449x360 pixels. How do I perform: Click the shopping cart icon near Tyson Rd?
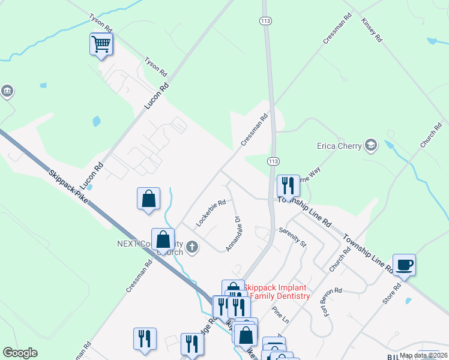[101, 44]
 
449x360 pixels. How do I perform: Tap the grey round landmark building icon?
[7, 91]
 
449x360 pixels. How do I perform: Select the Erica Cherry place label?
[339, 146]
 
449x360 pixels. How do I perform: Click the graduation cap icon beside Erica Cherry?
[371, 145]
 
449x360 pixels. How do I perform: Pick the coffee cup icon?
[404, 265]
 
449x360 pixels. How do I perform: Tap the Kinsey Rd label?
[372, 29]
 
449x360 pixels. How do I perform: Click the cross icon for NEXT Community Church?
[191, 247]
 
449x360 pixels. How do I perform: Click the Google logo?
[20, 353]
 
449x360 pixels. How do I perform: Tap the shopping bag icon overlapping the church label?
[163, 239]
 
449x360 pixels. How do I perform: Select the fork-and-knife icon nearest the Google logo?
[145, 338]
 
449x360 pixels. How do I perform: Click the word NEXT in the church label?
[127, 244]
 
